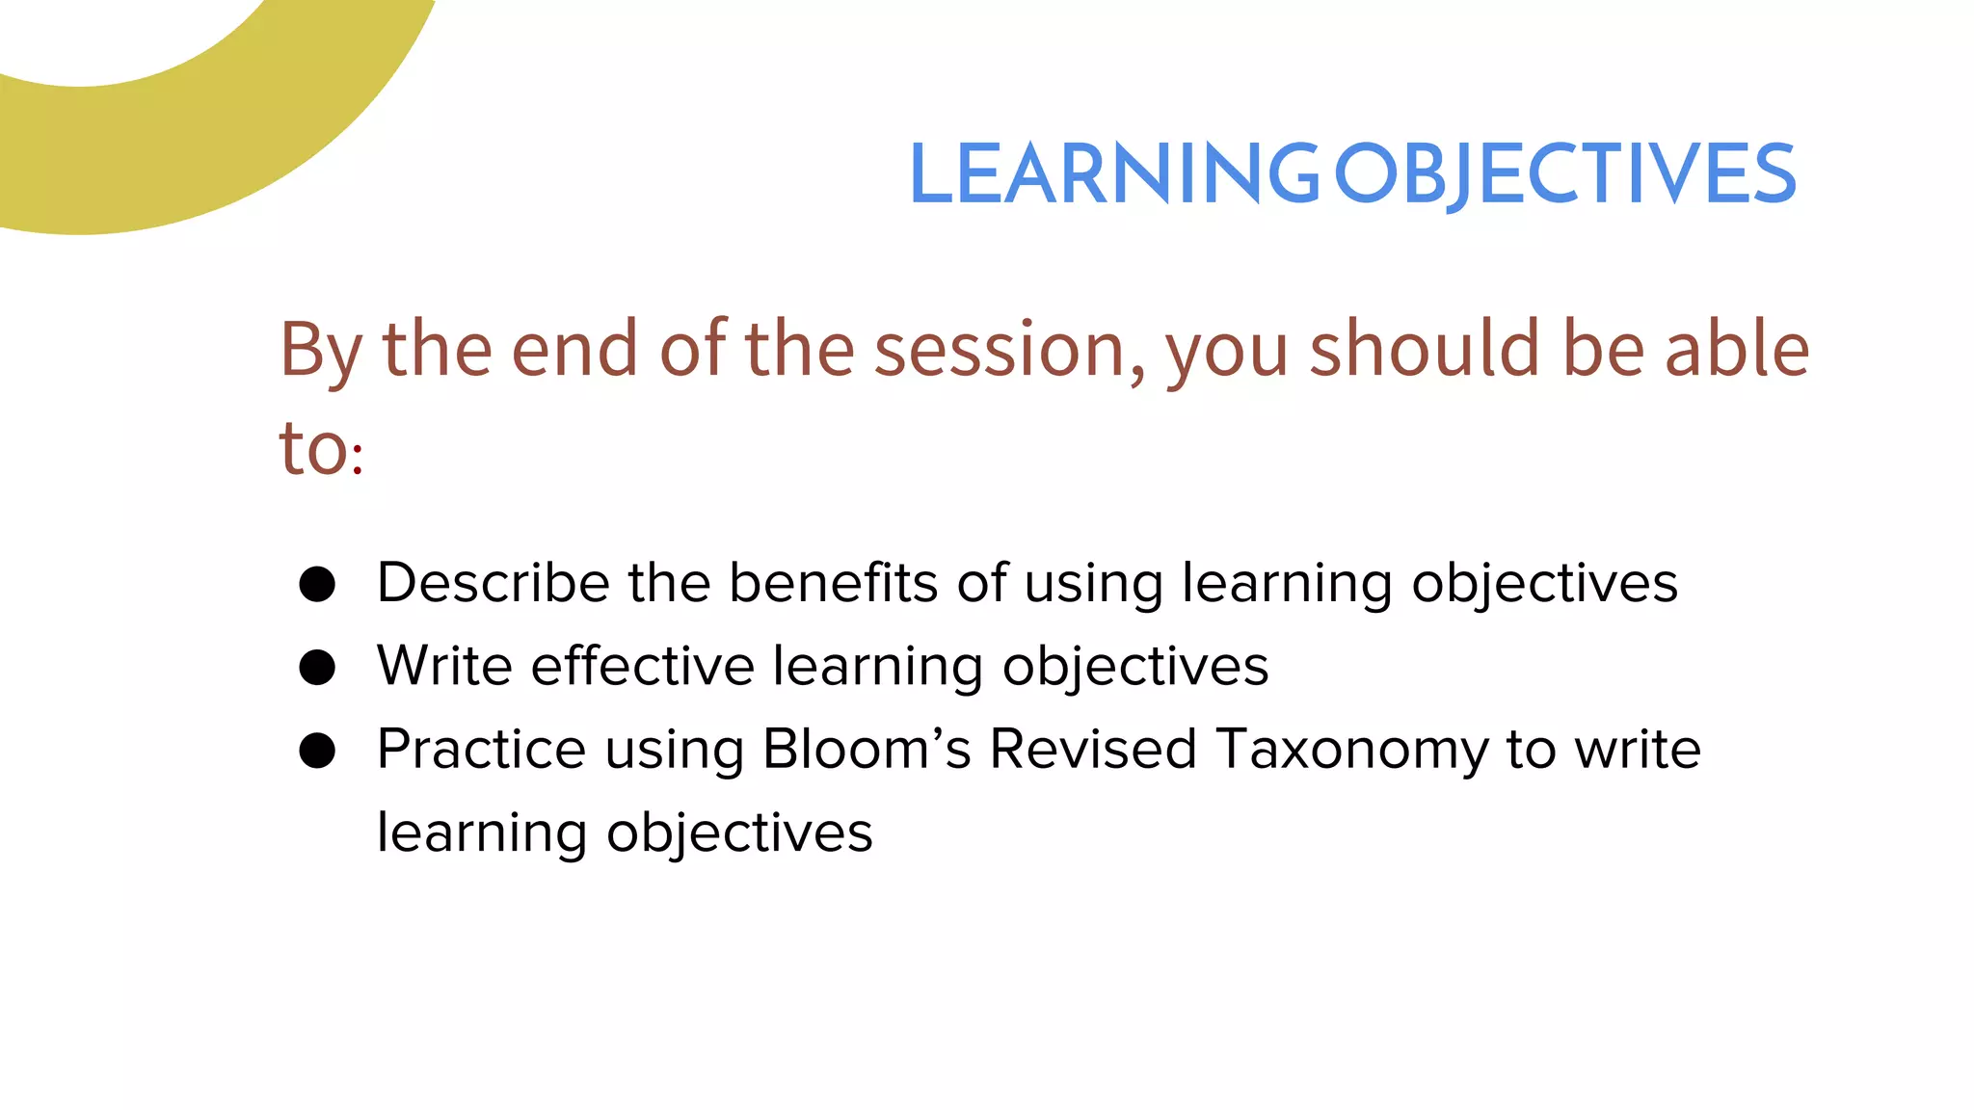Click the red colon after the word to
pyautogui.click(x=358, y=460)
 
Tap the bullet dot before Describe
pyautogui.click(x=317, y=584)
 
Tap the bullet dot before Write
pyautogui.click(x=317, y=667)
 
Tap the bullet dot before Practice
pyautogui.click(x=317, y=751)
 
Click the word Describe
pyautogui.click(x=493, y=583)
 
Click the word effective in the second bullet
pyautogui.click(x=643, y=666)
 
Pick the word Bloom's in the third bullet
pyautogui.click(x=867, y=749)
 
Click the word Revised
pyautogui.click(x=1093, y=749)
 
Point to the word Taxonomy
pyautogui.click(x=1351, y=751)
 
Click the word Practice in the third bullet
pyautogui.click(x=480, y=749)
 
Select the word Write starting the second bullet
pyautogui.click(x=444, y=666)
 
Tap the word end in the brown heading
pyautogui.click(x=574, y=349)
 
